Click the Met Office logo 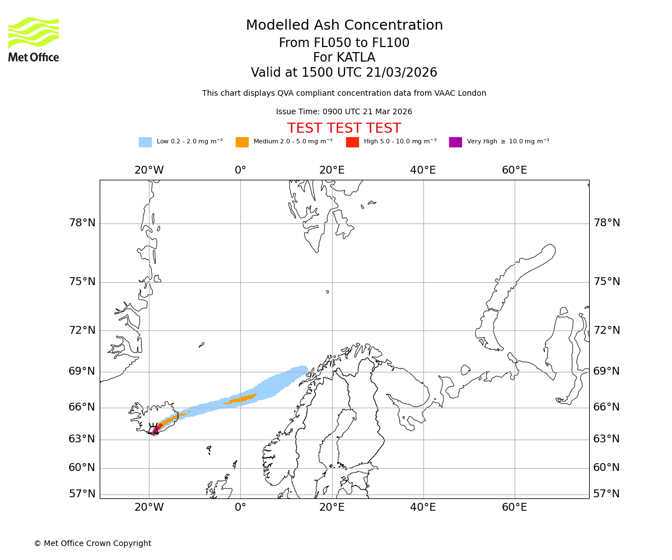pos(34,39)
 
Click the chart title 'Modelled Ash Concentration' pos(344,26)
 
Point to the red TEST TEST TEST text pos(344,129)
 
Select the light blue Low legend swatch pos(145,142)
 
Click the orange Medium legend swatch pos(242,142)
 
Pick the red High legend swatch pos(352,142)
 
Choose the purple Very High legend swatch pos(455,142)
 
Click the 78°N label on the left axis pos(82,223)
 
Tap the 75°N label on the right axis pos(606,282)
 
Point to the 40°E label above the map pos(423,170)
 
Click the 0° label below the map pos(240,507)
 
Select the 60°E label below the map pos(514,507)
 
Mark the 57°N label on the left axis pos(82,494)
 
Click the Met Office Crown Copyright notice pos(92,544)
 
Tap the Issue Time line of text pos(344,112)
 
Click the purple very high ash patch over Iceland pos(155,431)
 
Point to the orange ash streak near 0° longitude pos(241,399)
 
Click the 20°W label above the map pos(149,170)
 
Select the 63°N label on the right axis pos(606,439)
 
